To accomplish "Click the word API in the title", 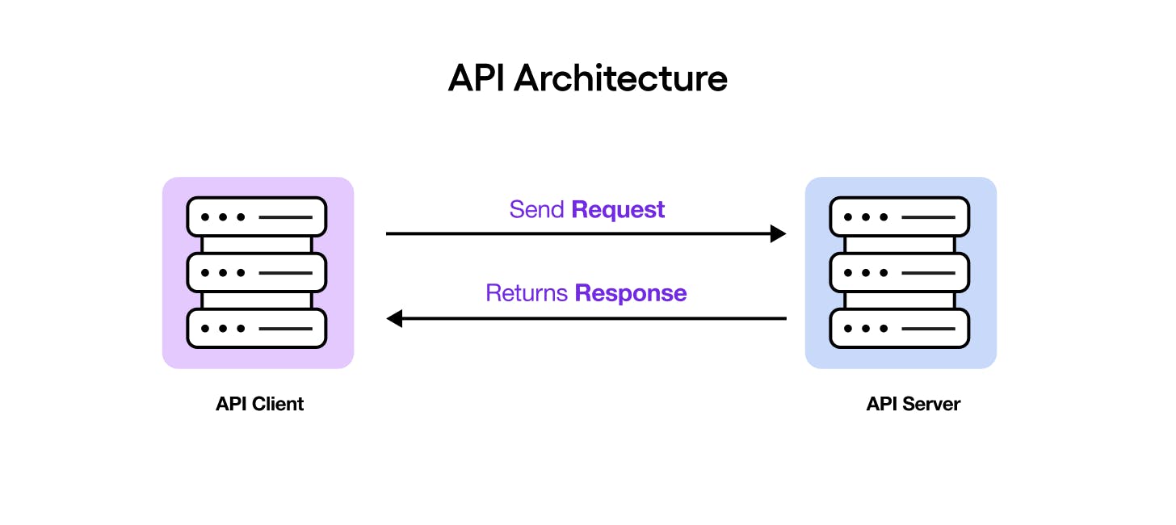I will [477, 78].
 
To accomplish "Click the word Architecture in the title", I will [620, 78].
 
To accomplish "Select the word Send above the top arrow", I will [537, 210].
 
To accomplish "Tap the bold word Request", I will [618, 210].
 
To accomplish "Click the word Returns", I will [527, 293].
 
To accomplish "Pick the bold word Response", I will [631, 293].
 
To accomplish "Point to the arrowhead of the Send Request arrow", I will [779, 234].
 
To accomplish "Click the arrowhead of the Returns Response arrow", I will [394, 318].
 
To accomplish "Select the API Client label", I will [259, 404].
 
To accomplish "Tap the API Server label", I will [913, 404].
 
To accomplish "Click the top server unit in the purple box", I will [257, 217].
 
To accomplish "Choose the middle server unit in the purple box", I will [257, 273].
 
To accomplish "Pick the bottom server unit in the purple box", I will [257, 329].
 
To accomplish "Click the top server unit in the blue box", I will [900, 217].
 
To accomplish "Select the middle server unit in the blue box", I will [900, 273].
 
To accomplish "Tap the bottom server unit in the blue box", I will [900, 329].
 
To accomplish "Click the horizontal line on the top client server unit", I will [285, 217].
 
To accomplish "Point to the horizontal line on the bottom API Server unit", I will [928, 329].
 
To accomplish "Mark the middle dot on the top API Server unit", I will [866, 217].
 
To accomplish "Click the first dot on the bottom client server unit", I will [205, 329].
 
